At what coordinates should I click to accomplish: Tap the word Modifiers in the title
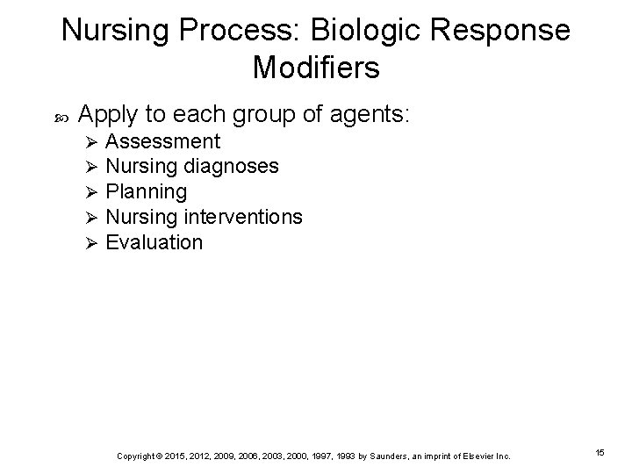(316, 68)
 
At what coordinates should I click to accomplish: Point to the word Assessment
(162, 141)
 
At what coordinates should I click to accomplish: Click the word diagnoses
(232, 166)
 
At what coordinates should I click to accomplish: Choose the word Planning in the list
(146, 191)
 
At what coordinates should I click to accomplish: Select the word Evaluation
(154, 241)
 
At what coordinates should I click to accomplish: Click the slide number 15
(600, 453)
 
